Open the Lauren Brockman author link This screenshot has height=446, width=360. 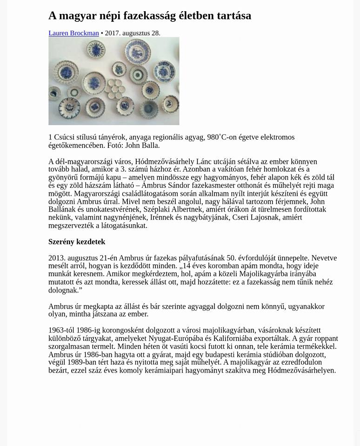coord(73,33)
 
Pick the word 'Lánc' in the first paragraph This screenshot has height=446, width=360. coord(204,161)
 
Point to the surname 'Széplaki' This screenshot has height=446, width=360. coord(158,210)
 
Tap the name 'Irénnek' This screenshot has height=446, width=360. coord(162,218)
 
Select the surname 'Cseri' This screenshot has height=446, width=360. coord(242,218)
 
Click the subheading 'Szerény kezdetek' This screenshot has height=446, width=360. coord(77,242)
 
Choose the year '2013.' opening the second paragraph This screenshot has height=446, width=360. coord(57,258)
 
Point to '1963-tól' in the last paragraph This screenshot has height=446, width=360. coord(62,330)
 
